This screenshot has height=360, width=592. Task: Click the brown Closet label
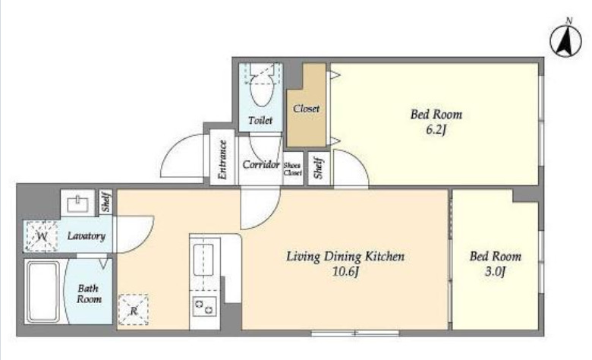tap(306, 109)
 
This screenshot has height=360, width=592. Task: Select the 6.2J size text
tap(436, 130)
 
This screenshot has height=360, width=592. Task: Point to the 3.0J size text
tap(495, 271)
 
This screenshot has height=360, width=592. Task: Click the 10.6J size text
tap(345, 271)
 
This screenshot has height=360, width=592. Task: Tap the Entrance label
tap(222, 159)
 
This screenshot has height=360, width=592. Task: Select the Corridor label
tap(261, 165)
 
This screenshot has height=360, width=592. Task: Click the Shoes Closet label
tap(293, 169)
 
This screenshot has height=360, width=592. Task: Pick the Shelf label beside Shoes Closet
tap(319, 168)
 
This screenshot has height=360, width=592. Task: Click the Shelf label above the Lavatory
tap(105, 202)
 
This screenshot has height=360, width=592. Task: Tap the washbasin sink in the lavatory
tap(77, 204)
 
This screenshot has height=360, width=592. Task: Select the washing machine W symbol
tap(41, 236)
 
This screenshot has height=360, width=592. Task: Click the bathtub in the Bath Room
tap(43, 292)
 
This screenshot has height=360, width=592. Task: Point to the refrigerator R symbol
tap(134, 310)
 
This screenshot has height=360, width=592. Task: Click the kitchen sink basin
tap(203, 260)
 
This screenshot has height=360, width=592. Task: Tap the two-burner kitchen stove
tap(204, 306)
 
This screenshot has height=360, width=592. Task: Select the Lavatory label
tap(86, 236)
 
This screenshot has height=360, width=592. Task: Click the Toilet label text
tap(260, 120)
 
